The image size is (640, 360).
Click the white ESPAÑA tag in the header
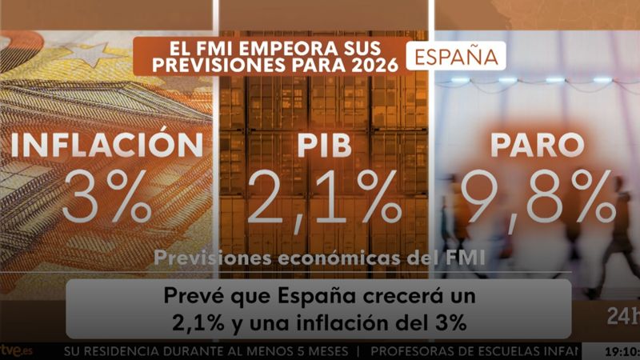456,56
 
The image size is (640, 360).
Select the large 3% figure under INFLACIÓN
106,198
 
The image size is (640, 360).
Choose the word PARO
535,146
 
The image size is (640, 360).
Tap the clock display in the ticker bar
620,351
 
